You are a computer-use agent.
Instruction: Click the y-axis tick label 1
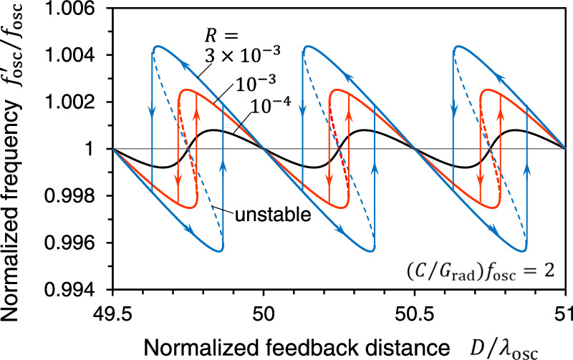(100, 149)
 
